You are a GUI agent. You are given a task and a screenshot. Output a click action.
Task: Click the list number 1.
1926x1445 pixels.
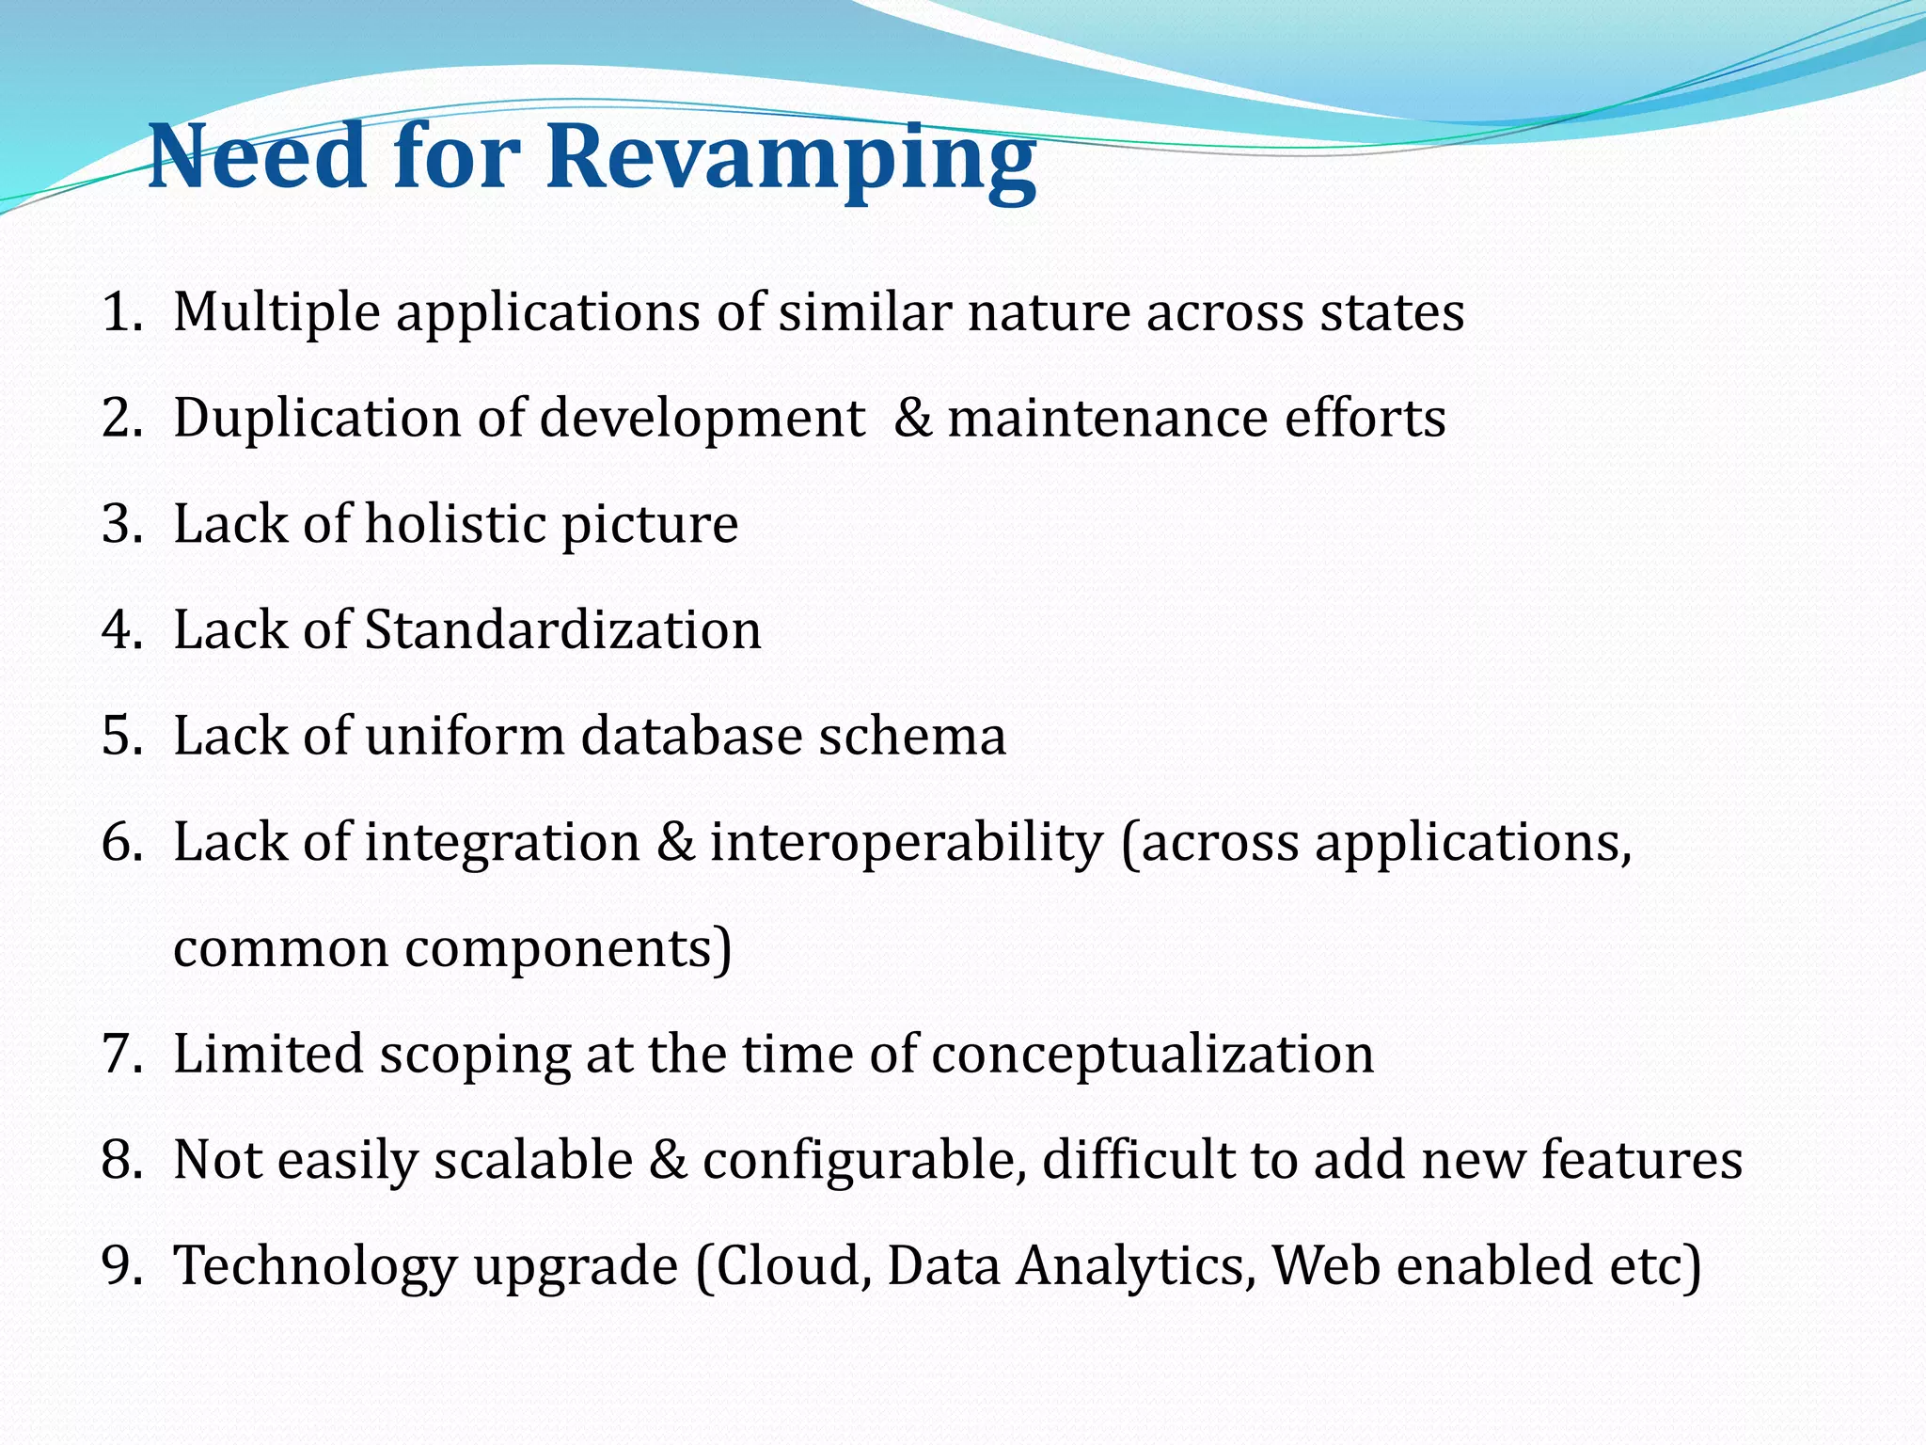[x=120, y=312]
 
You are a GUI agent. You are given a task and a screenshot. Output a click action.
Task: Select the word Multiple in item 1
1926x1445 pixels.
[x=276, y=314]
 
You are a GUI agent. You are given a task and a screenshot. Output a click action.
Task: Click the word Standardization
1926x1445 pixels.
[x=562, y=630]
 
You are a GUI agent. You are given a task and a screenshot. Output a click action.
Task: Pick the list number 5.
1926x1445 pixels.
[x=120, y=737]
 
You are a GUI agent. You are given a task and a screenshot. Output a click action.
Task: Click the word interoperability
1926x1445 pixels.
[x=906, y=843]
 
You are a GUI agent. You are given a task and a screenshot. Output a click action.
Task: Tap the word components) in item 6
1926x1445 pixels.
[x=568, y=950]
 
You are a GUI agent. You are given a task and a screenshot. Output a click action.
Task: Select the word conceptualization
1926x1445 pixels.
[x=1153, y=1055]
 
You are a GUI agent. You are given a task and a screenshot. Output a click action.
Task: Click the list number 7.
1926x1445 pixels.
[x=120, y=1055]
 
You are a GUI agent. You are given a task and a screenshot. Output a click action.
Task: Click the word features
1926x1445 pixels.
[x=1641, y=1160]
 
